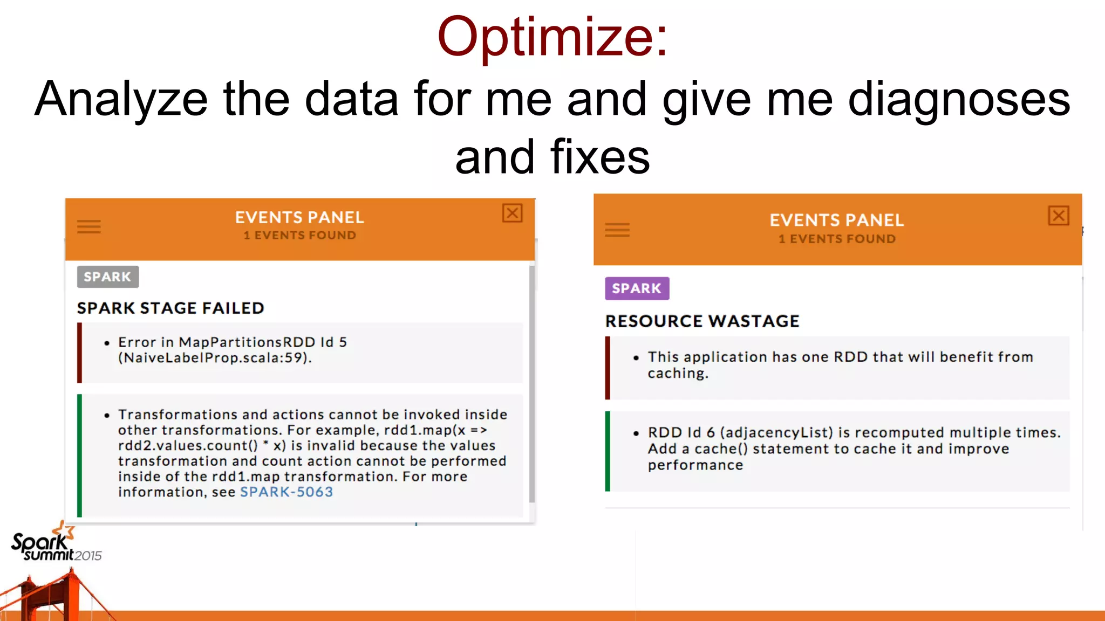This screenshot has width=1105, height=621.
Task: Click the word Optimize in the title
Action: [x=545, y=37]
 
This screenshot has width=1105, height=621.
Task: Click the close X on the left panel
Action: [x=512, y=213]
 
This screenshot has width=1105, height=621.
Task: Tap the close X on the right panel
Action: [x=1058, y=216]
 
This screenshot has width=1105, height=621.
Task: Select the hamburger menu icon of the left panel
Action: [x=89, y=226]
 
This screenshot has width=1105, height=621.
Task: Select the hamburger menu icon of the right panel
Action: [x=617, y=230]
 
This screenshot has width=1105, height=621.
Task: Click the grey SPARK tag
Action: [x=107, y=277]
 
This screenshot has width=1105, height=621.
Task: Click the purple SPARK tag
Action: [x=637, y=289]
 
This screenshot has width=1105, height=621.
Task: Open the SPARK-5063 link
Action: [x=286, y=492]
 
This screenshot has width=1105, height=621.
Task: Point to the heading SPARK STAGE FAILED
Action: [x=170, y=308]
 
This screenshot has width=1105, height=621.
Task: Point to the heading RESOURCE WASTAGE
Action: [x=702, y=321]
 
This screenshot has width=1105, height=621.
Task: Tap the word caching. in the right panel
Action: [x=678, y=374]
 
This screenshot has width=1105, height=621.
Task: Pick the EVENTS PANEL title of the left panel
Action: [x=299, y=218]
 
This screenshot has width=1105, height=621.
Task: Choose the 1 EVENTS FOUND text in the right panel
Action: [x=837, y=239]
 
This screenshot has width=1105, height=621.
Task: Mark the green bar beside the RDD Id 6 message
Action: [x=608, y=451]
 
